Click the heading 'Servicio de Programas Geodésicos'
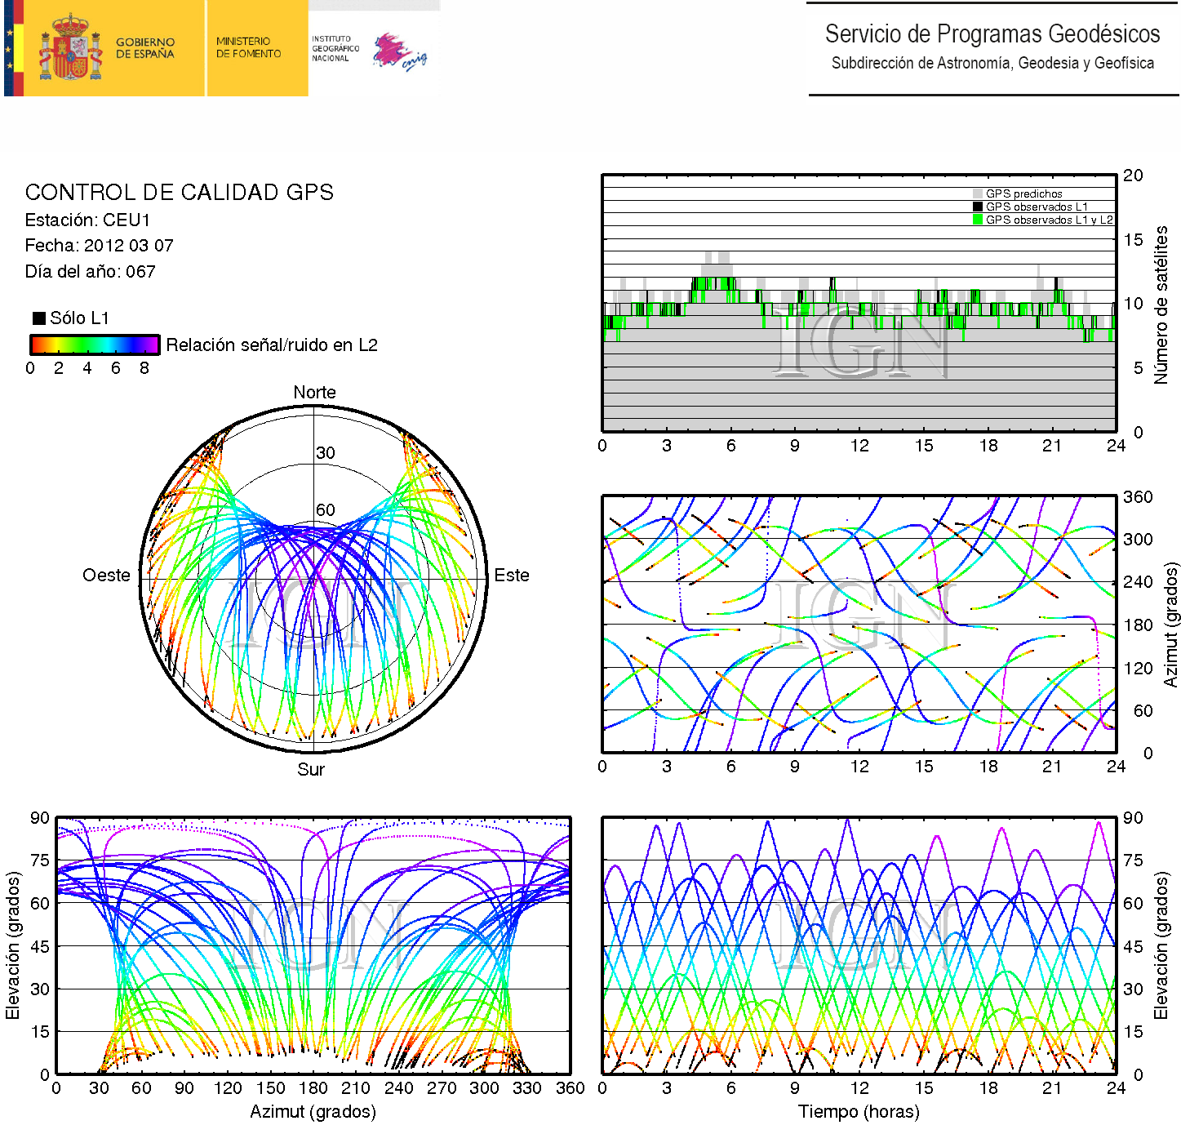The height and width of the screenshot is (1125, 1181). pos(992,34)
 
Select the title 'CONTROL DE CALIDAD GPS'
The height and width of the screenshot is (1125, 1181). pos(179,193)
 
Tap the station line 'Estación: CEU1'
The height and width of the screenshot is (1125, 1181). pos(87,220)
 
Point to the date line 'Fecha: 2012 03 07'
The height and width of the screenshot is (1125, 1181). pos(99,246)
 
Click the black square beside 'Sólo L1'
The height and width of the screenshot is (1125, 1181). pos(38,318)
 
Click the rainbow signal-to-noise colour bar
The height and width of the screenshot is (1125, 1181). pos(95,345)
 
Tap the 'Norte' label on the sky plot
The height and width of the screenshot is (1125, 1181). pos(314,393)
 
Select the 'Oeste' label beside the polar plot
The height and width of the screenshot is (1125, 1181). pos(106,576)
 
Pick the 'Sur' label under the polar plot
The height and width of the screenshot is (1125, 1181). pos(311,770)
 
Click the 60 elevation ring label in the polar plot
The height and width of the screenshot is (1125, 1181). pos(326,510)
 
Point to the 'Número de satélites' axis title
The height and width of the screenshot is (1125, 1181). pos(1161,305)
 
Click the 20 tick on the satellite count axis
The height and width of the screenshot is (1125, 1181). pos(1133,176)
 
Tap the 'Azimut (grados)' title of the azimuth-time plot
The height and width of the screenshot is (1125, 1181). pos(1171,625)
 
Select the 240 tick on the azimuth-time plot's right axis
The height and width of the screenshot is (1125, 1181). pos(1138,582)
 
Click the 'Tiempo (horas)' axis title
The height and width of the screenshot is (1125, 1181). pos(859,1112)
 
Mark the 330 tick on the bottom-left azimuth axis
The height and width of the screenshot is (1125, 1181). pos(526,1088)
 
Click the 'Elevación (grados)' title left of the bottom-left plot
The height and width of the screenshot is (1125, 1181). pos(12,945)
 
